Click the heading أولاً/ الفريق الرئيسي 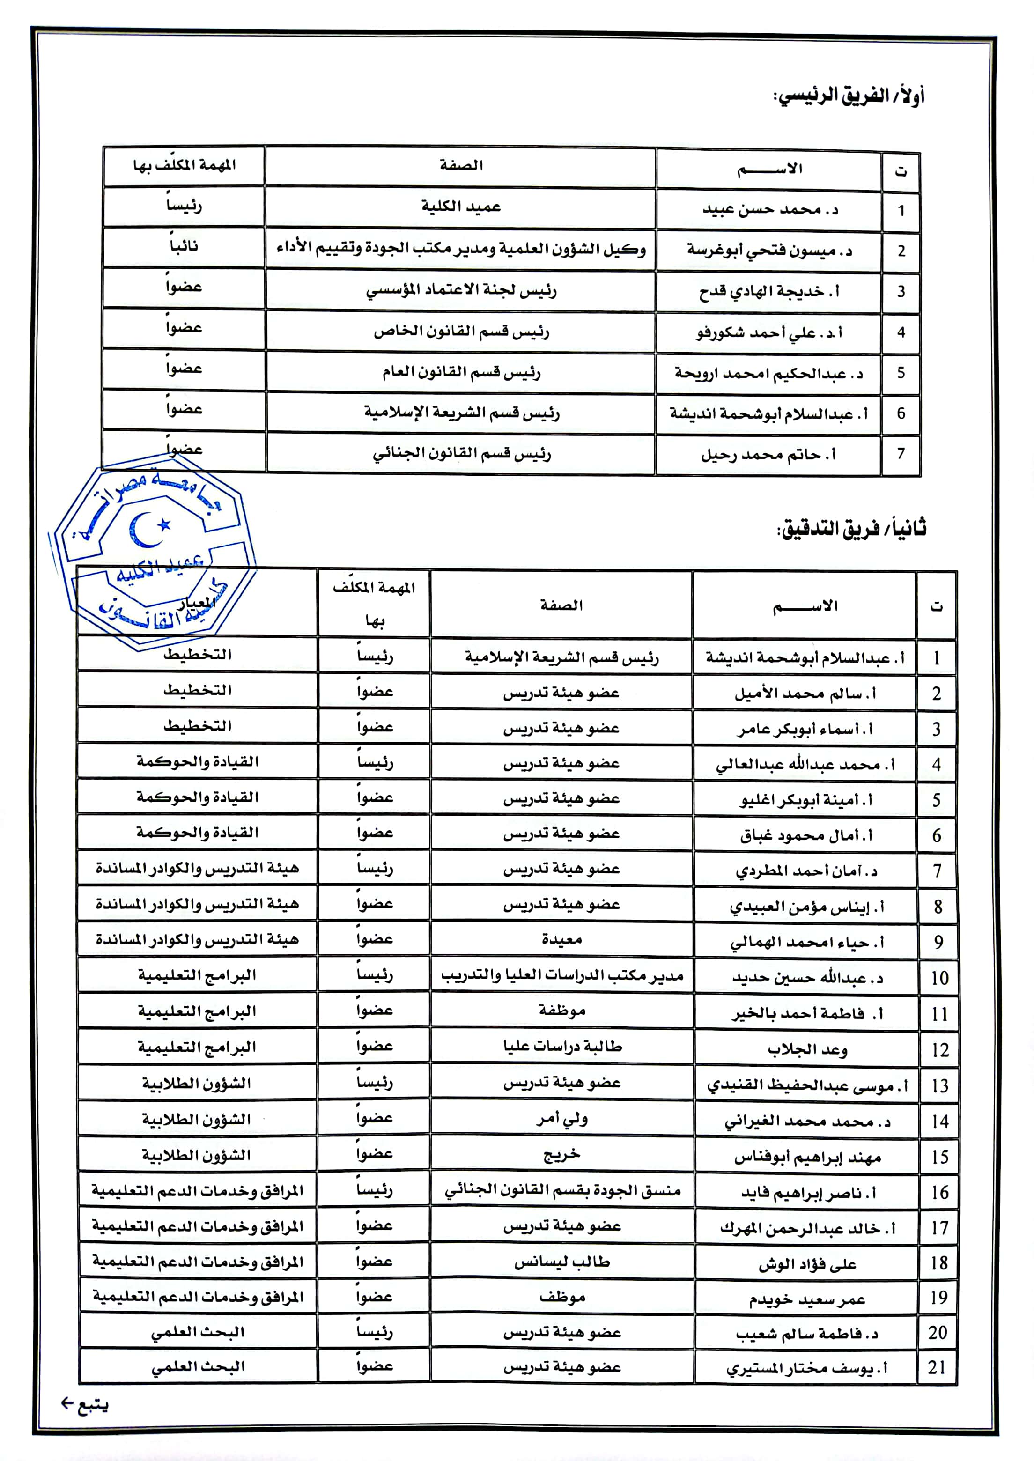848,96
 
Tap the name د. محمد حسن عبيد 770,209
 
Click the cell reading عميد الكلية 460,207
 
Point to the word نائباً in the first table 184,246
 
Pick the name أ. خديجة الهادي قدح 769,292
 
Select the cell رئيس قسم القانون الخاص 460,332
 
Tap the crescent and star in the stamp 150,528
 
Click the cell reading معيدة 561,940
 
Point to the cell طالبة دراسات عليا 561,1046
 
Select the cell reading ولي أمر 561,1119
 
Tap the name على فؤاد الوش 807,1264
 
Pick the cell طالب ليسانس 561,1262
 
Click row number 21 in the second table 937,1367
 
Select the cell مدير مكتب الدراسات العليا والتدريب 561,975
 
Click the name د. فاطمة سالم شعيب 807,1333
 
